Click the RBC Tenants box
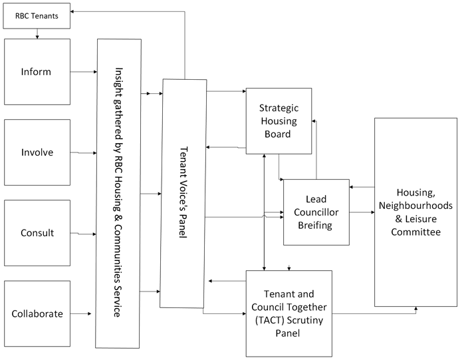(37, 16)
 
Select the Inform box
(37, 71)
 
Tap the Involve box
(37, 152)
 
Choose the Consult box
(37, 233)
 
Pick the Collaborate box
(37, 313)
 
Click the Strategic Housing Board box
(279, 120)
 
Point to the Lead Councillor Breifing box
(316, 212)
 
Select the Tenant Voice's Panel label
(183, 194)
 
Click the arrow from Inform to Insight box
(83, 71)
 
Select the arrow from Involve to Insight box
(83, 152)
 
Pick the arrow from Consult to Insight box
(83, 234)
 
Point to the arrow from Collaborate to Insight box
(83, 313)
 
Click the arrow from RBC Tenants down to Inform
(37, 33)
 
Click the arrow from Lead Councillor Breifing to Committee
(362, 212)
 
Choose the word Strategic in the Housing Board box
(279, 107)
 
